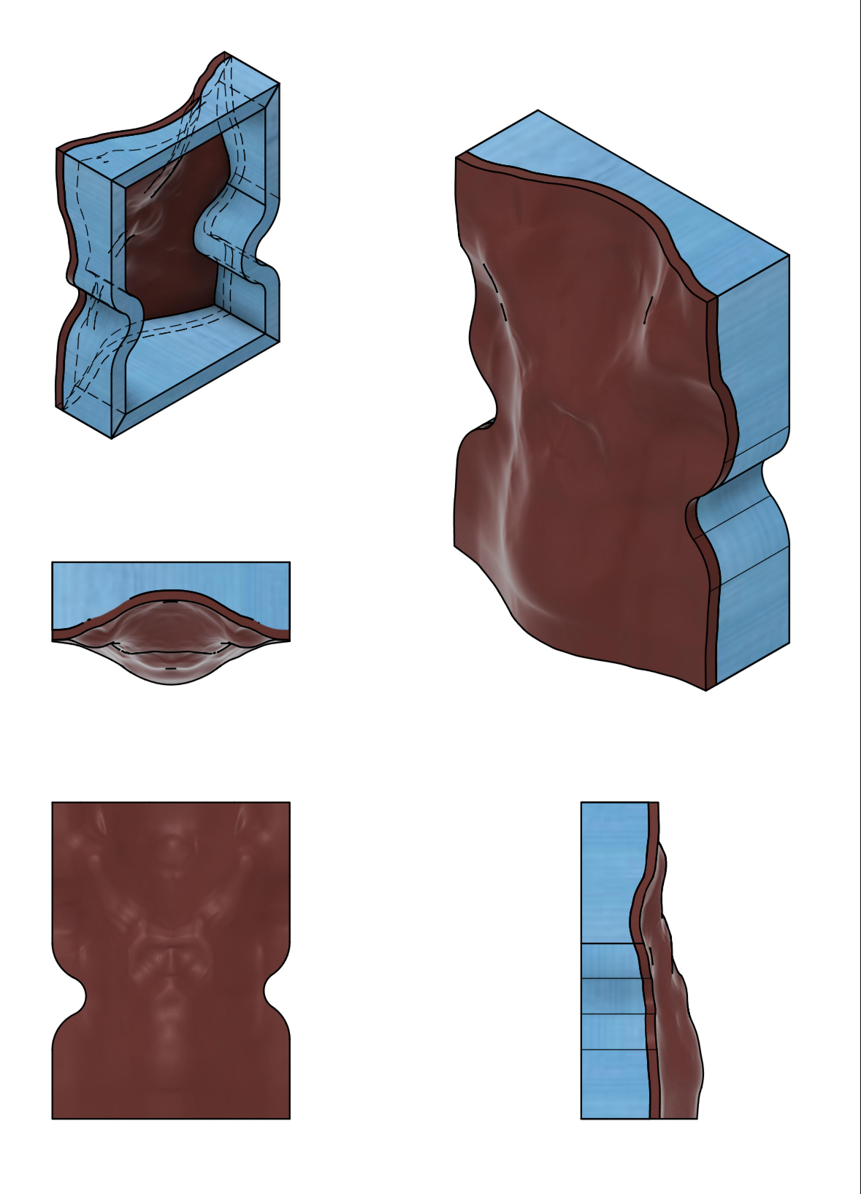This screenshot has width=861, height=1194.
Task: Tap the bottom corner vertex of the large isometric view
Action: pos(706,690)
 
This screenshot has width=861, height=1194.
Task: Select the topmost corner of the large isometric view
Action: pos(538,111)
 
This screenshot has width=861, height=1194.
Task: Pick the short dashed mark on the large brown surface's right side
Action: pos(648,310)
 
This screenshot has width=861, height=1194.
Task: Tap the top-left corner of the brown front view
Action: pos(53,803)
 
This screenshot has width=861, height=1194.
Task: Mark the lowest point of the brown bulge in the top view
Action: pos(171,684)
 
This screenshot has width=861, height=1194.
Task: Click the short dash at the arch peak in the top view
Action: pos(170,602)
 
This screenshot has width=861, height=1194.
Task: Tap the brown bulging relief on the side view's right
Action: pos(679,1022)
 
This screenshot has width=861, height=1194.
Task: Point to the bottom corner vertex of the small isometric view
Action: pos(111,438)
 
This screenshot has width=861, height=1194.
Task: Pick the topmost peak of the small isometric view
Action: pos(224,53)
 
